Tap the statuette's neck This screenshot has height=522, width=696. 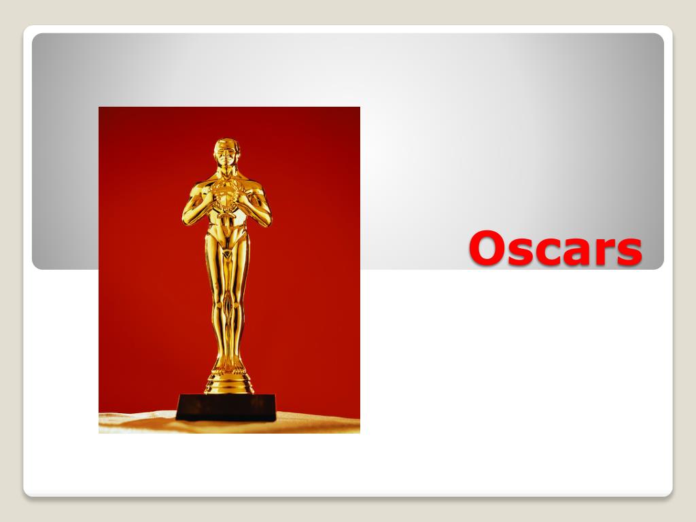(x=226, y=171)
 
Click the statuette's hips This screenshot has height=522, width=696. (x=226, y=238)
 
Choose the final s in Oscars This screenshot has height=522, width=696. (x=629, y=251)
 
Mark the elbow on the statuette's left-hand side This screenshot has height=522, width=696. (x=186, y=217)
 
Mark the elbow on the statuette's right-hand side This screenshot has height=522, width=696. (x=267, y=217)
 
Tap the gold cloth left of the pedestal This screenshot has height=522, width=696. (x=136, y=421)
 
